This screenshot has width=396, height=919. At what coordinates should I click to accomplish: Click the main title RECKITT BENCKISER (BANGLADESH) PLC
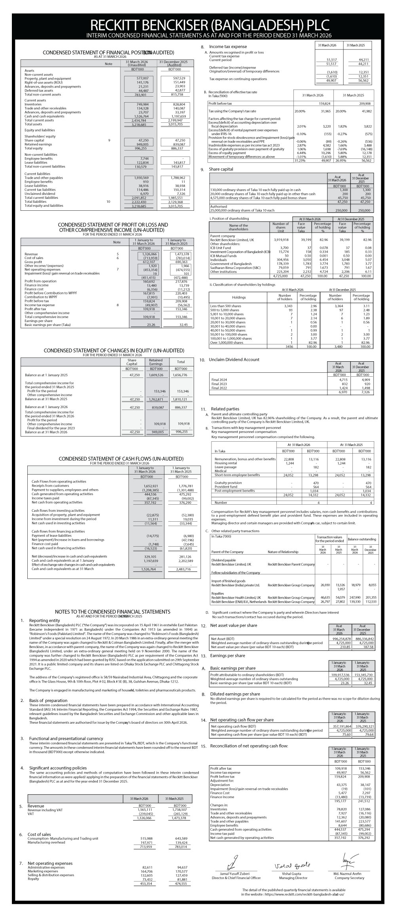209,25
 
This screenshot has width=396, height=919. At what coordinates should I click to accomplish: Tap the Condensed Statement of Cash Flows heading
121,459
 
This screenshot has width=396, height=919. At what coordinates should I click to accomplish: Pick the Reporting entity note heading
45,620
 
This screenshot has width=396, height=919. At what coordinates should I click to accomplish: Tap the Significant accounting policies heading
58,768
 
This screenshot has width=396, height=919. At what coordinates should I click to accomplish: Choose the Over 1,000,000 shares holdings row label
227,343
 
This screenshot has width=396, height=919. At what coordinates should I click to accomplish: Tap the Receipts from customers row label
50,486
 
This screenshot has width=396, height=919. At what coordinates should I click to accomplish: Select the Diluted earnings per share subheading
235,694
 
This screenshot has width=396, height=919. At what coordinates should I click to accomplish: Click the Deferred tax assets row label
39,90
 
